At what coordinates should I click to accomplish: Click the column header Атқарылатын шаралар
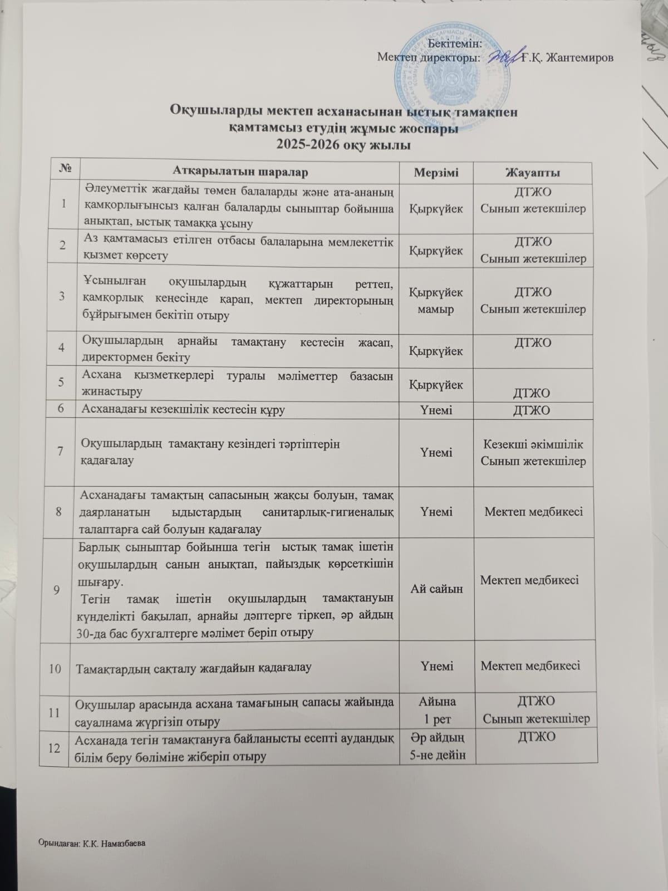240,172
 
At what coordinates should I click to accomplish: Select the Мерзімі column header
436,172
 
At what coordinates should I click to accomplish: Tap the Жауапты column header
533,173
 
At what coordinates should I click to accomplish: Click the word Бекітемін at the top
456,42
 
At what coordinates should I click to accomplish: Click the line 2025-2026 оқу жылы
345,146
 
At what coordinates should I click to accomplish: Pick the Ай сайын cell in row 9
437,588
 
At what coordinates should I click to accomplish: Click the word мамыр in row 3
438,309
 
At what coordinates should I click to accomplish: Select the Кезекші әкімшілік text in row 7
533,444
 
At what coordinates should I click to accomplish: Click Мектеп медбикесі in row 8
533,511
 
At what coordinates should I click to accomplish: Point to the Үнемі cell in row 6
437,410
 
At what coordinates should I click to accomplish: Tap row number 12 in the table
55,748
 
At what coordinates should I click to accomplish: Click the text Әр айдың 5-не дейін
437,746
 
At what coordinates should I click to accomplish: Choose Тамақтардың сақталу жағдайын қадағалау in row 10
193,668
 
